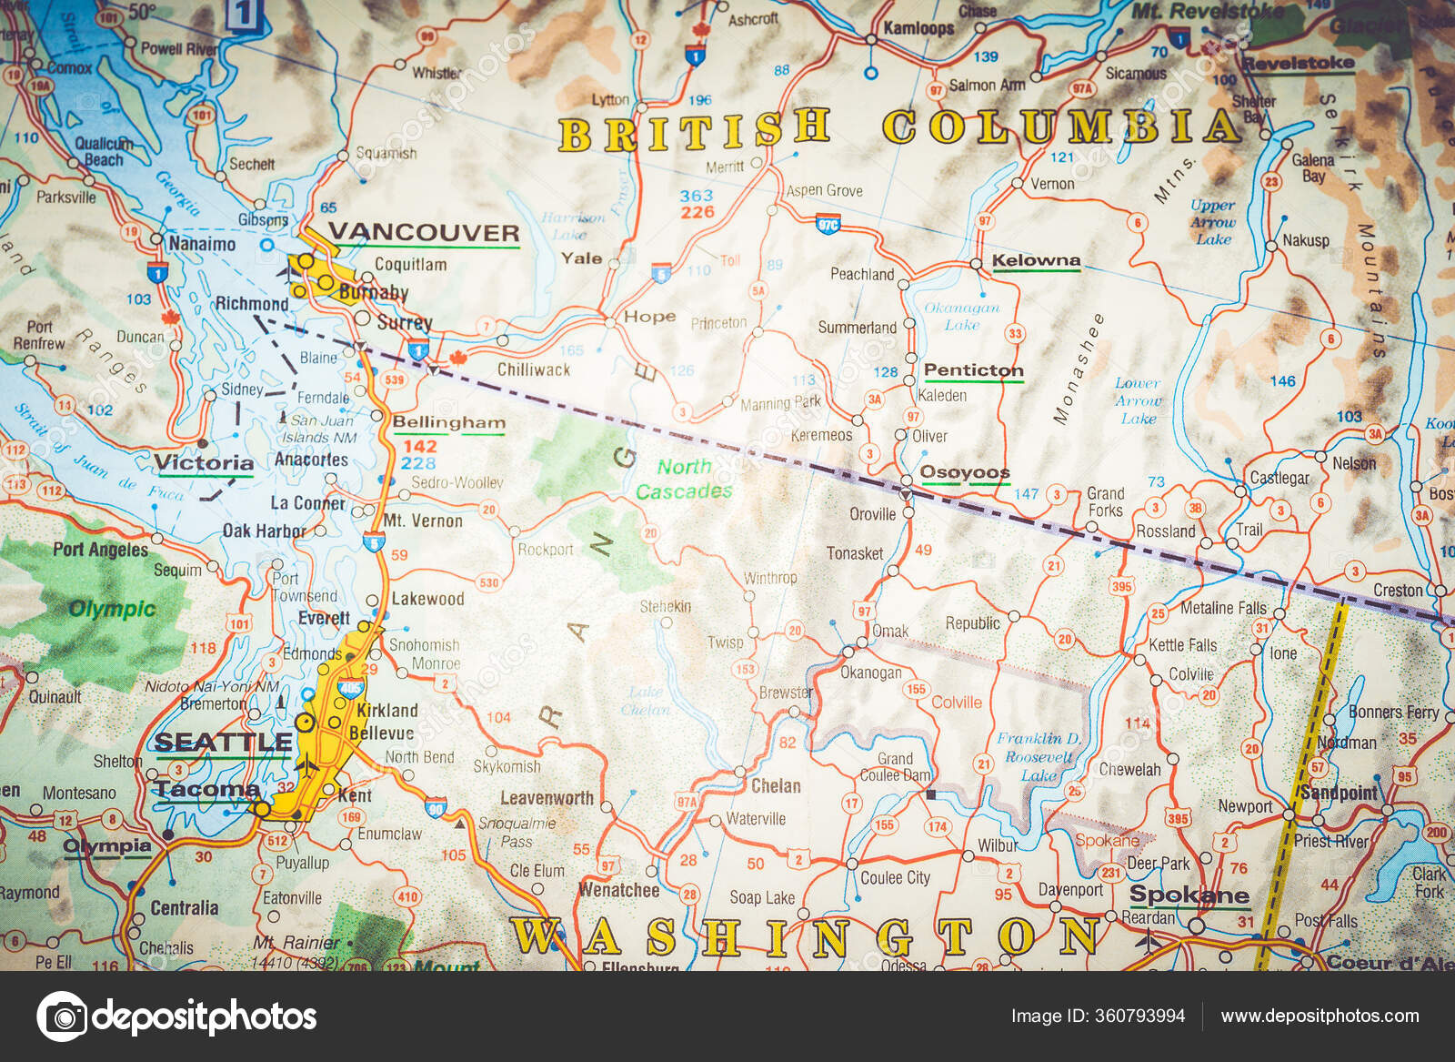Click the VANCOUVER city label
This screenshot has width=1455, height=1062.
coord(424,232)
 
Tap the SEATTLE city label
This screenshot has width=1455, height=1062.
coord(223,743)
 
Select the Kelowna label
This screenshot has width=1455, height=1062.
coord(1036,260)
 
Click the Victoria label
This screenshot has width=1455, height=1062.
coord(204,463)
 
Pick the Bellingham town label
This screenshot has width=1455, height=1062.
coord(448,422)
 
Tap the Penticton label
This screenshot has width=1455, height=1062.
coord(973,370)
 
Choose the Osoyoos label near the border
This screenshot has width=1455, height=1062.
coord(965,471)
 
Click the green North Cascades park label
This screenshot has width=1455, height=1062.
coord(684,479)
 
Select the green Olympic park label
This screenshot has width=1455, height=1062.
coord(113,609)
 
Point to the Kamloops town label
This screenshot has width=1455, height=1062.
coord(918,28)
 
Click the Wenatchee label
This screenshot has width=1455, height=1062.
coord(619,889)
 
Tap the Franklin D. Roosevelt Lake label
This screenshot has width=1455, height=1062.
coord(1039,756)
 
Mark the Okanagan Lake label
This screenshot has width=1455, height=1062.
coord(961,316)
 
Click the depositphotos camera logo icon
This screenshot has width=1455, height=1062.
coord(63,1016)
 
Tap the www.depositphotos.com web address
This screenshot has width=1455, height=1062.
coord(1320,1016)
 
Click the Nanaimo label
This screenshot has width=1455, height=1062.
coord(202,244)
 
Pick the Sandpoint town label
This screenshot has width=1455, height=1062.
coord(1339,792)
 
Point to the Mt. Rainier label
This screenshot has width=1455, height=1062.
coord(296,943)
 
